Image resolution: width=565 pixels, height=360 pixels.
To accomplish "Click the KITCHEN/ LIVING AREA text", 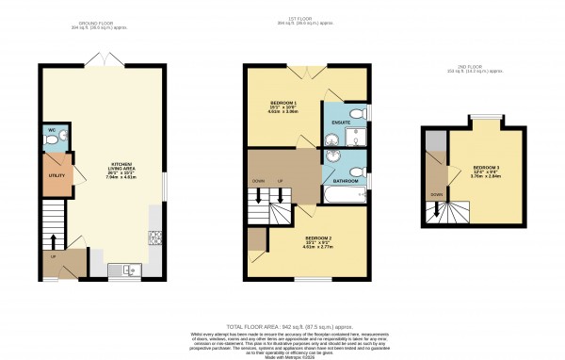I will [x=121, y=167].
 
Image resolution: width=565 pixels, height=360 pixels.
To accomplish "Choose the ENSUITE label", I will [x=341, y=123].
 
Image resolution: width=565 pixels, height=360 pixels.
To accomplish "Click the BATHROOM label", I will [x=344, y=180].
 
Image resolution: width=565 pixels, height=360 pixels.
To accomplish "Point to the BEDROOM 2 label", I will [x=311, y=239].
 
